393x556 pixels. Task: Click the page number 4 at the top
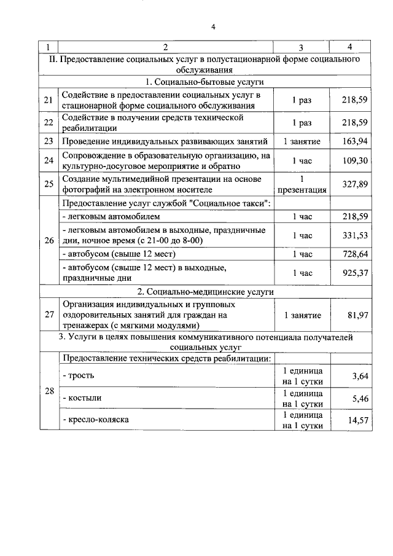(x=213, y=26)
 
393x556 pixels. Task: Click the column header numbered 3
(x=300, y=47)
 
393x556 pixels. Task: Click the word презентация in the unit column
(x=302, y=189)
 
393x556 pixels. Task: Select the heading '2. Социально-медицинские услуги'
(x=205, y=291)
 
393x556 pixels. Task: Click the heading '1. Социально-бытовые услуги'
(x=205, y=82)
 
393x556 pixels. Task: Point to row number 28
(x=49, y=391)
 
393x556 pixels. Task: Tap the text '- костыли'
(x=82, y=398)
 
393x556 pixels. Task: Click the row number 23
(x=49, y=141)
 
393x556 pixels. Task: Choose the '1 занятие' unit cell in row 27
(x=302, y=315)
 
